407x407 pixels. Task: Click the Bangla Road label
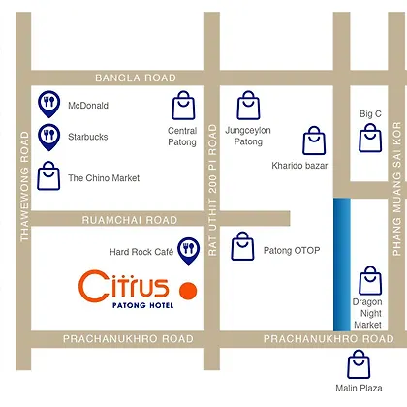136,78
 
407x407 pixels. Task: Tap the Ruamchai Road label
130,220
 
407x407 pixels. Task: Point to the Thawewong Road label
24,186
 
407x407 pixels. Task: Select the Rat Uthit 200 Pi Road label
212,190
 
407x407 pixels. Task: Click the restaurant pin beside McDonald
49,104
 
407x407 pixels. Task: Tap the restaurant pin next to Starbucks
49,137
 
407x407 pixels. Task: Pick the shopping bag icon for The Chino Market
48,175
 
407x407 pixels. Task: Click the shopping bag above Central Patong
183,106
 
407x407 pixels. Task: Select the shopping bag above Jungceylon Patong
248,106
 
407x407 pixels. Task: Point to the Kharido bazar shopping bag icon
314,141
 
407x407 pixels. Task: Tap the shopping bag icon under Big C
370,138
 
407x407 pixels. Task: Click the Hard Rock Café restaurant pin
189,251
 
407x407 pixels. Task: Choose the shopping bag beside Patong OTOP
242,246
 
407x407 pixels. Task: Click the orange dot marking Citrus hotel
188,291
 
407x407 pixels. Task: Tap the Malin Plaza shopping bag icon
359,364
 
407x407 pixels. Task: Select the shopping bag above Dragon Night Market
370,280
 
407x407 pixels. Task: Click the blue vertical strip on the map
342,265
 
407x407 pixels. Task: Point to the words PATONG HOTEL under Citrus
142,305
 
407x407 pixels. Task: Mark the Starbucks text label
88,137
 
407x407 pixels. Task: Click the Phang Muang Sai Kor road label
397,189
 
